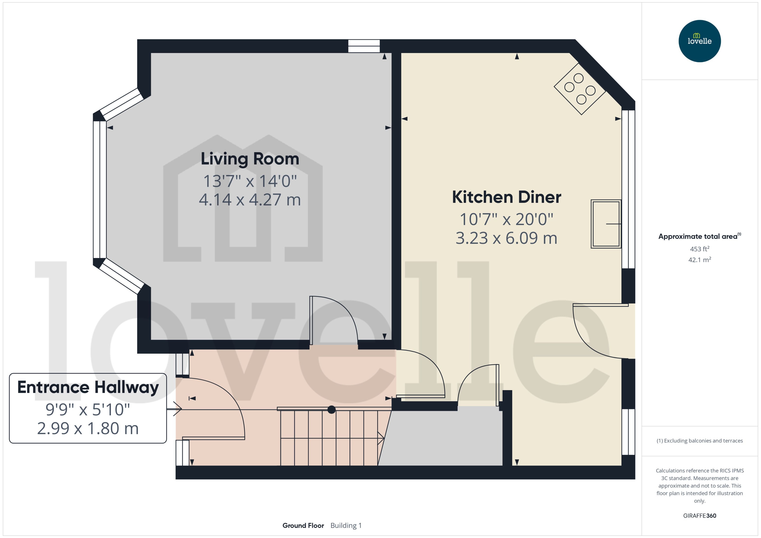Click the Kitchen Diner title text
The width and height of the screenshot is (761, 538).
(x=506, y=197)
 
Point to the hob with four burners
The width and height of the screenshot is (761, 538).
(x=580, y=89)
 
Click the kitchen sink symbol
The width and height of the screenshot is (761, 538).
(x=606, y=224)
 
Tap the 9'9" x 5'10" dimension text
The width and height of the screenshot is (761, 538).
(x=88, y=410)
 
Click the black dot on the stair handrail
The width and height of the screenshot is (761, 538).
(x=331, y=410)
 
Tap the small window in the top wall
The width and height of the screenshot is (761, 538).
(x=364, y=46)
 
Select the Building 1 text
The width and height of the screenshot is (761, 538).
(x=346, y=525)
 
